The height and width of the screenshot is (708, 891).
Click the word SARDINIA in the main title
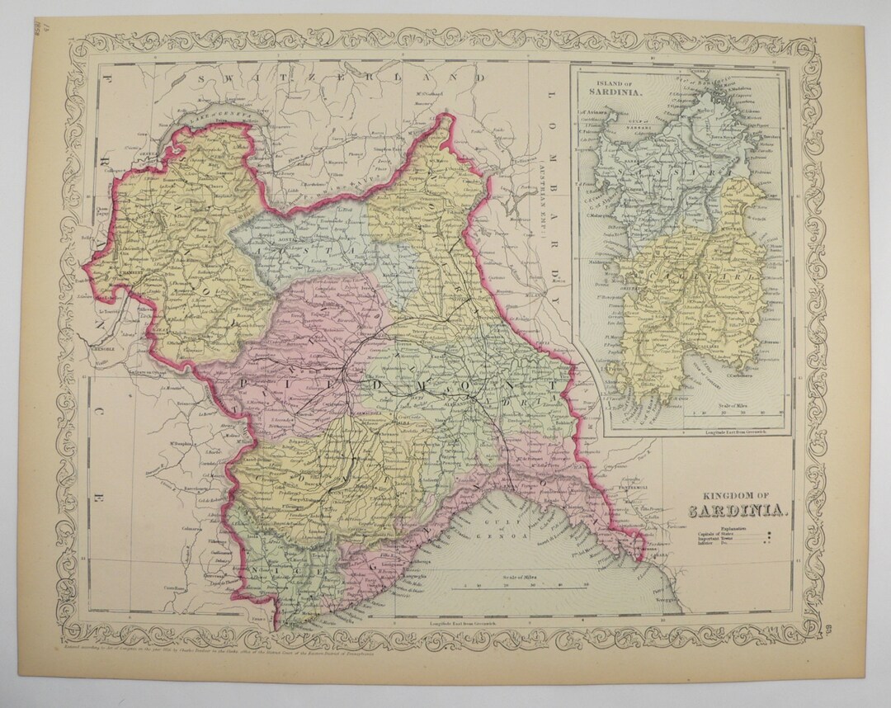click(738, 509)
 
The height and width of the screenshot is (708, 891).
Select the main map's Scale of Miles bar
click(525, 587)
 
